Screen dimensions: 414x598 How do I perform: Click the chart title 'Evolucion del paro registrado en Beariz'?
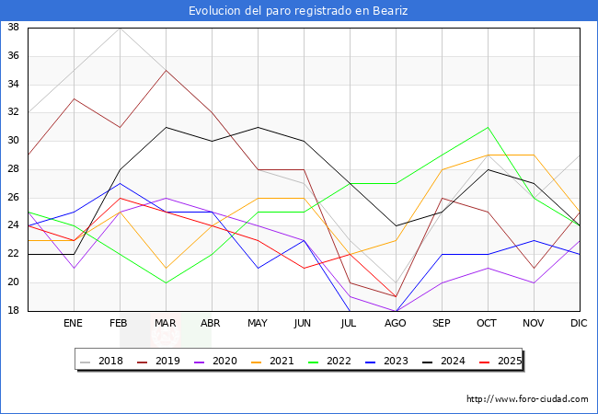298,11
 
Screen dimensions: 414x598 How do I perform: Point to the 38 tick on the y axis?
14,28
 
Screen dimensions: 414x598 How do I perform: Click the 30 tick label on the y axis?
14,141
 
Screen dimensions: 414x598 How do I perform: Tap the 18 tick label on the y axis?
14,311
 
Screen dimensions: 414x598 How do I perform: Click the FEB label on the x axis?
119,324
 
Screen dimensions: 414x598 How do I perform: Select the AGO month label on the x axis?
396,324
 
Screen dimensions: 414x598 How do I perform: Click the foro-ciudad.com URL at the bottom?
527,399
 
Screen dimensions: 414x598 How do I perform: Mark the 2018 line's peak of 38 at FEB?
119,28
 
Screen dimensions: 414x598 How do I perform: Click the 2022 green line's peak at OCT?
488,127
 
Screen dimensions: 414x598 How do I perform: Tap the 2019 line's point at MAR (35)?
166,70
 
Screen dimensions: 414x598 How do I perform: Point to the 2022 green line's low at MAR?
166,282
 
